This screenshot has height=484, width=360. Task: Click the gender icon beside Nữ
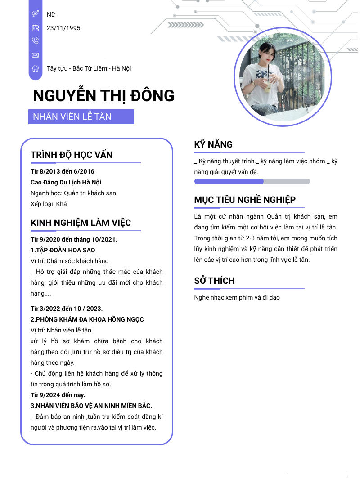(x=35, y=14)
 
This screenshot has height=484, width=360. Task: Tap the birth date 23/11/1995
(x=63, y=28)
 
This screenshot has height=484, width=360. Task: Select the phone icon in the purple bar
(x=35, y=41)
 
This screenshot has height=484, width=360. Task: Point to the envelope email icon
(x=35, y=55)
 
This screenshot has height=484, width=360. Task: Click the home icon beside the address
(x=35, y=68)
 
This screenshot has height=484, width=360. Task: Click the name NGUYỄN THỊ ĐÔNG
(x=103, y=96)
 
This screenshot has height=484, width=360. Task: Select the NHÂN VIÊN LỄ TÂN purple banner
(x=81, y=117)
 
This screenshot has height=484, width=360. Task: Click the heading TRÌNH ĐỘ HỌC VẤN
(x=72, y=155)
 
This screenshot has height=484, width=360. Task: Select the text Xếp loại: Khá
(x=49, y=204)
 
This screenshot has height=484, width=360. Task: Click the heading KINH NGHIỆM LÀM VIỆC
(x=81, y=223)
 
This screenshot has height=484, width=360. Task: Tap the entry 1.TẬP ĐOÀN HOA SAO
(x=63, y=250)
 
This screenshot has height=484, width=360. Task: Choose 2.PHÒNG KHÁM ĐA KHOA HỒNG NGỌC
(x=87, y=319)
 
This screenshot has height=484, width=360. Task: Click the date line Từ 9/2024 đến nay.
(x=58, y=395)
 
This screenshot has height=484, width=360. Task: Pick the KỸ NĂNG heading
(x=213, y=144)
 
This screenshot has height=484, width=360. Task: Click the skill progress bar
(x=252, y=181)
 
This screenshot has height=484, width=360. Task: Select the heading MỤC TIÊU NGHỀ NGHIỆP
(x=245, y=200)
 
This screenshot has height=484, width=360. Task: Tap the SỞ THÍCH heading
(x=214, y=281)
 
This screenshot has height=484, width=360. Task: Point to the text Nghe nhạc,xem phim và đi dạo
(x=237, y=297)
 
